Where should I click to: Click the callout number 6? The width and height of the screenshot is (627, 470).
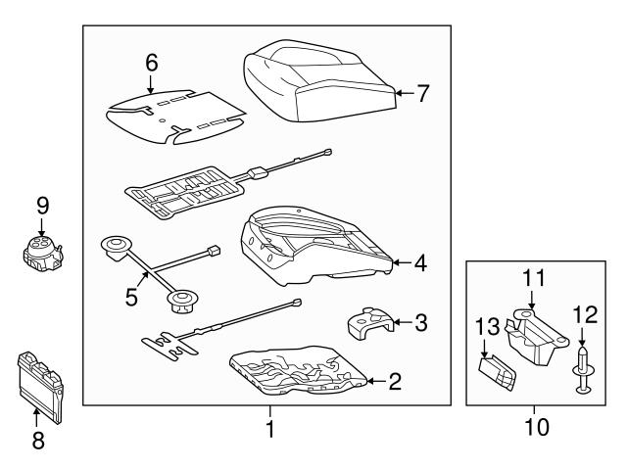152,63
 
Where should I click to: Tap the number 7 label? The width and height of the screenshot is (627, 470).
422,93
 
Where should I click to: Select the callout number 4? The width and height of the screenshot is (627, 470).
420,263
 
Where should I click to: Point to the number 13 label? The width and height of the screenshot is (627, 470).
488,326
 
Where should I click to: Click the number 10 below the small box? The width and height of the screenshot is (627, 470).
537,427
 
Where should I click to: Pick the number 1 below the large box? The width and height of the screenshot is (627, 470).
270,429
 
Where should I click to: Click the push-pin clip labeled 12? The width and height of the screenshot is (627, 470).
583,370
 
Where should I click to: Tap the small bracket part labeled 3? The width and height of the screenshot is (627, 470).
370,324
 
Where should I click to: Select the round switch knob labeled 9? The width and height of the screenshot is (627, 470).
43,253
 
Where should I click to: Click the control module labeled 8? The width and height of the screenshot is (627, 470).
40,387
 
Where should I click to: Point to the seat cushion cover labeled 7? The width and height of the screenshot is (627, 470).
319,80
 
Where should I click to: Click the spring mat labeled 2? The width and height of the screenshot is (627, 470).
298,370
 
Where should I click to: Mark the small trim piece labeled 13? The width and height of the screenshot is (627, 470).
497,373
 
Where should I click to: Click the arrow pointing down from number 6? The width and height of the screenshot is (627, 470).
150,84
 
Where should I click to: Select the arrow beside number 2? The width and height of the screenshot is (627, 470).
375,381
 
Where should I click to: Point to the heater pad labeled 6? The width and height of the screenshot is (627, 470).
176,117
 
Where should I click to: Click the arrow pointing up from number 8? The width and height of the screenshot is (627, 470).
36,418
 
